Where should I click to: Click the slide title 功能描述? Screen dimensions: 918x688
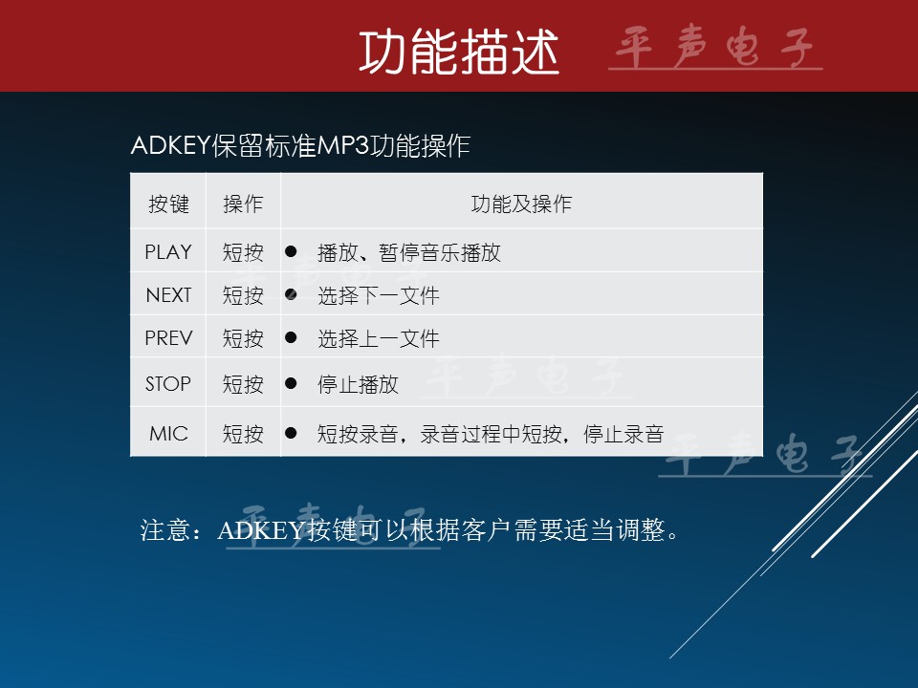pyautogui.click(x=459, y=53)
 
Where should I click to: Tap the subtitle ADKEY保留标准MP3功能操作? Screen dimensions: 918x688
pyautogui.click(x=300, y=145)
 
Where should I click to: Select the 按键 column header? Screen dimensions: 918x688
pyautogui.click(x=168, y=204)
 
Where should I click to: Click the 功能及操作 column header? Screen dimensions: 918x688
pyautogui.click(x=521, y=204)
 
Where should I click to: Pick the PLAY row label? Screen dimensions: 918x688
pyautogui.click(x=168, y=252)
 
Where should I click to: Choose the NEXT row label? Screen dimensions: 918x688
pyautogui.click(x=168, y=295)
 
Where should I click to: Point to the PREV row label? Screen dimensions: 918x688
pyautogui.click(x=168, y=338)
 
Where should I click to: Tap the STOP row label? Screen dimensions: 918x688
pyautogui.click(x=168, y=384)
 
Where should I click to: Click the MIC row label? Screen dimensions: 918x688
pyautogui.click(x=168, y=434)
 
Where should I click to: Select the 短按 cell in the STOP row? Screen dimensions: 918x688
pyautogui.click(x=243, y=384)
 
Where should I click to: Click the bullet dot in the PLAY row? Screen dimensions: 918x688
pyautogui.click(x=291, y=251)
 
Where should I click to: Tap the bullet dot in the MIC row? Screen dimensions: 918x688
pyautogui.click(x=291, y=433)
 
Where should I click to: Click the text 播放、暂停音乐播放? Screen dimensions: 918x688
pyautogui.click(x=409, y=252)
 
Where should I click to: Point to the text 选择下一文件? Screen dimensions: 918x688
pyautogui.click(x=379, y=295)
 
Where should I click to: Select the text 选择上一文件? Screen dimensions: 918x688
pyautogui.click(x=379, y=338)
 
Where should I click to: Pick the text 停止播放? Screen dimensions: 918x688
pyautogui.click(x=358, y=384)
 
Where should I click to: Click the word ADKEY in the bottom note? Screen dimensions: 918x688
pyautogui.click(x=261, y=530)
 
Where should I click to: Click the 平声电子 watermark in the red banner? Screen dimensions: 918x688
pyautogui.click(x=715, y=47)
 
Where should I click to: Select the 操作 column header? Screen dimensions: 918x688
pyautogui.click(x=243, y=204)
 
